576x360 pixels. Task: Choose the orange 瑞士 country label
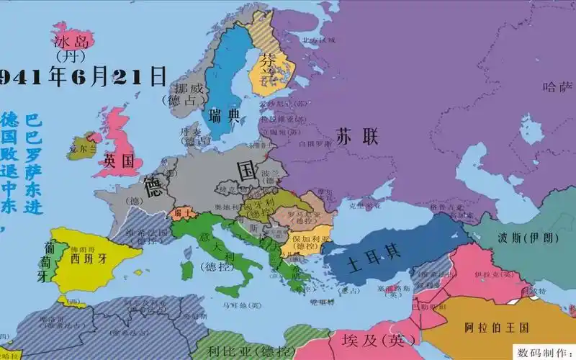coord(179,214)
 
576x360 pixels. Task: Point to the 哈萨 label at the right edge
coord(558,87)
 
